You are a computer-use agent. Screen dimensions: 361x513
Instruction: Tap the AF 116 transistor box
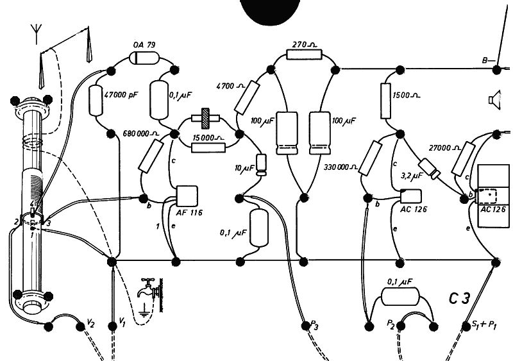pyautogui.click(x=186, y=194)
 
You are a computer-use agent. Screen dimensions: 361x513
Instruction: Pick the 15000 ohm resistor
pyautogui.click(x=208, y=147)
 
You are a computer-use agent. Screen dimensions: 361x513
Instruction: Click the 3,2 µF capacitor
pyautogui.click(x=434, y=172)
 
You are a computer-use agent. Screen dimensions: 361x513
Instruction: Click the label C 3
pyautogui.click(x=462, y=298)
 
